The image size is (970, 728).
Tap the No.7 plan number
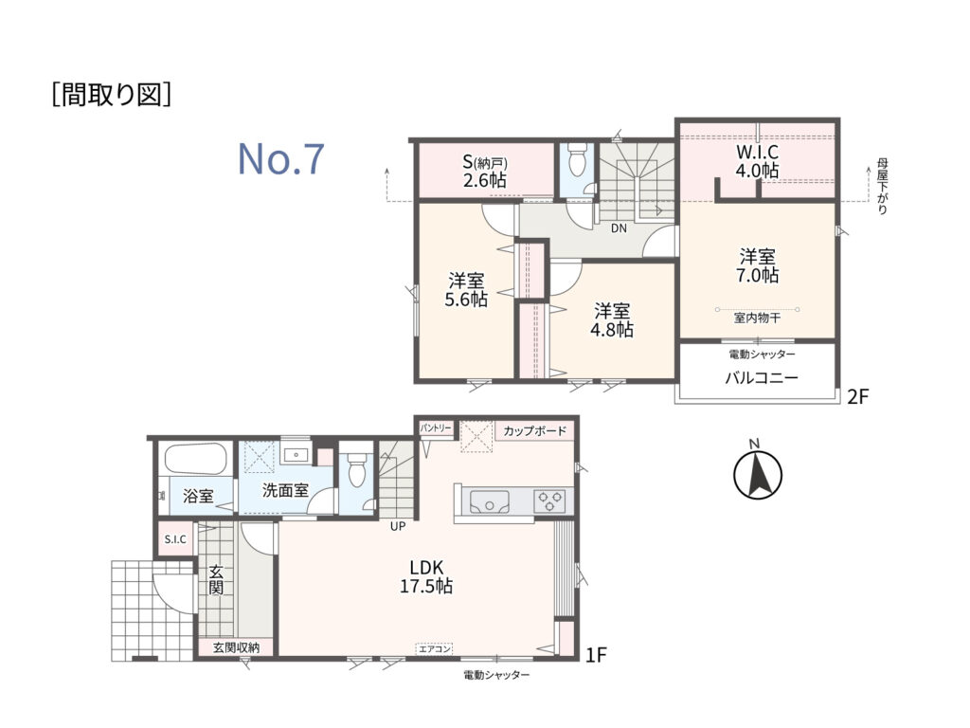[x=281, y=158]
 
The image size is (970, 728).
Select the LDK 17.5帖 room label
[x=426, y=576]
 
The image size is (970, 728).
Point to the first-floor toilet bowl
[x=357, y=471]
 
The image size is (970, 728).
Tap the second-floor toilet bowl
[x=577, y=159]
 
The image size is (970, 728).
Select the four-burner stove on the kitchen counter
[x=550, y=500]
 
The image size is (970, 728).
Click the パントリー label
[x=437, y=428]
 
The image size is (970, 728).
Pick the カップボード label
[x=535, y=431]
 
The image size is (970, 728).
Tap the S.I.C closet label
[x=175, y=539]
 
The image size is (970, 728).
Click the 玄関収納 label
[x=236, y=647]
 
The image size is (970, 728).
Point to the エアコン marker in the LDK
[x=435, y=648]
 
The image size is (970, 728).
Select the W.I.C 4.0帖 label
[x=757, y=161]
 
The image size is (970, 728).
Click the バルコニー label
[x=762, y=377]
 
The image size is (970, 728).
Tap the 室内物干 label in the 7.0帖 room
[x=757, y=318]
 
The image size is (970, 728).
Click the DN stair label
[x=619, y=228]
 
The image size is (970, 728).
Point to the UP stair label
[x=398, y=527]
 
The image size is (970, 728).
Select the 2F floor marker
[x=858, y=396]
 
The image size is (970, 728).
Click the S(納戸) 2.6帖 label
[x=485, y=172]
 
